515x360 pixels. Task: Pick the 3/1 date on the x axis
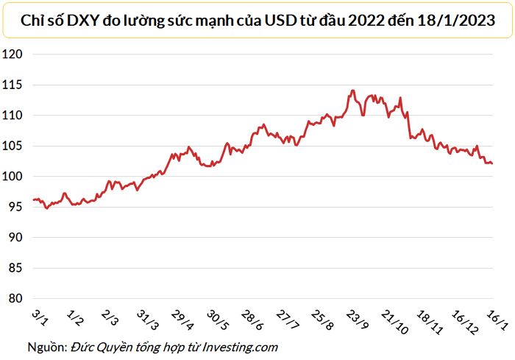pos(40,317)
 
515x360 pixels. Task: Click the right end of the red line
pos(491,163)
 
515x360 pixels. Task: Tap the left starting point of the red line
pos(33,200)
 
